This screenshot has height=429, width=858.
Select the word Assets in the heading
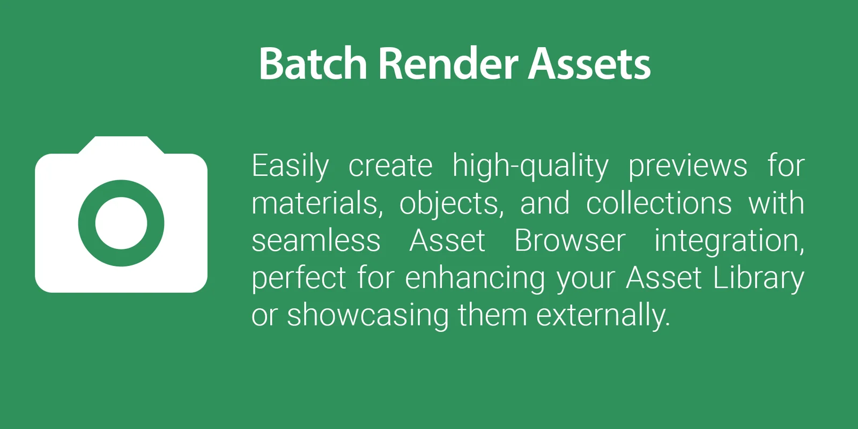589,63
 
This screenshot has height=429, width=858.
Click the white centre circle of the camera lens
121,223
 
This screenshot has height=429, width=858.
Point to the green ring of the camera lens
86,223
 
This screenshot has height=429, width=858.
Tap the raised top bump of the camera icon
121,145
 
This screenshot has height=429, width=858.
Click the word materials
317,203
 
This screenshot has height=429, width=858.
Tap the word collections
659,203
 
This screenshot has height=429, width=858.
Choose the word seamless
316,241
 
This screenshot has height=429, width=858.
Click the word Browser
570,241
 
